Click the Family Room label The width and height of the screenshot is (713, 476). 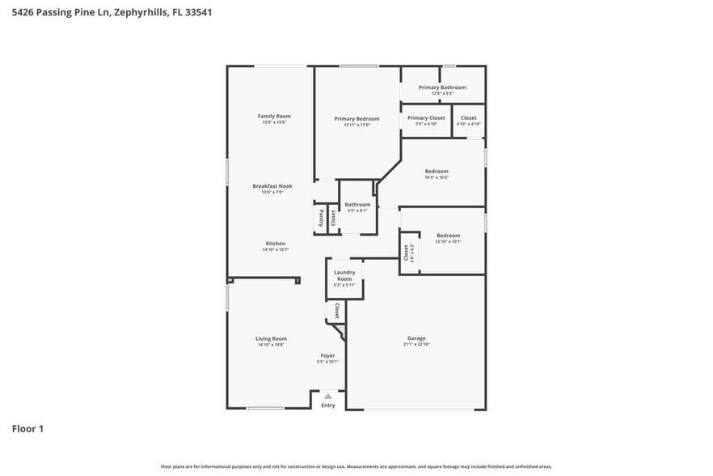click(x=274, y=117)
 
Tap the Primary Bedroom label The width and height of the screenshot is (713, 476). click(x=356, y=119)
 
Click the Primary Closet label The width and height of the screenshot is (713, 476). click(x=426, y=118)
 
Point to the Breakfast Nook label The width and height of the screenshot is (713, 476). click(x=272, y=186)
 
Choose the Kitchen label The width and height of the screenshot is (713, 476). click(x=275, y=244)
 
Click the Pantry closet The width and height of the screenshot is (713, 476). click(x=320, y=218)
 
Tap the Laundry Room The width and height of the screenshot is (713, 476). click(x=344, y=276)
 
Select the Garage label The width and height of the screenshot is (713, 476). click(x=416, y=338)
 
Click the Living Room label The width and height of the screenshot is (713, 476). click(x=272, y=338)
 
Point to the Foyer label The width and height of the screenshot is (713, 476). click(x=327, y=355)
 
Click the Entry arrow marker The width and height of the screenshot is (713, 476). click(x=327, y=397)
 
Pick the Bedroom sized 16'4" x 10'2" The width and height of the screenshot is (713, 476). click(x=437, y=172)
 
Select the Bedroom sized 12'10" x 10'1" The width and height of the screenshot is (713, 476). click(x=448, y=236)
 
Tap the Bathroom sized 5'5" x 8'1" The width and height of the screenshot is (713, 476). click(x=357, y=205)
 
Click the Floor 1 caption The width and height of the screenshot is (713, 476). click(x=27, y=428)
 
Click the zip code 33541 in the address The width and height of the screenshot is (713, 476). click(x=198, y=13)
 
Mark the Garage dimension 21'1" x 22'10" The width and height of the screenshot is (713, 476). click(x=416, y=345)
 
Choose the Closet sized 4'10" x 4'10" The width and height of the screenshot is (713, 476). click(x=468, y=118)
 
